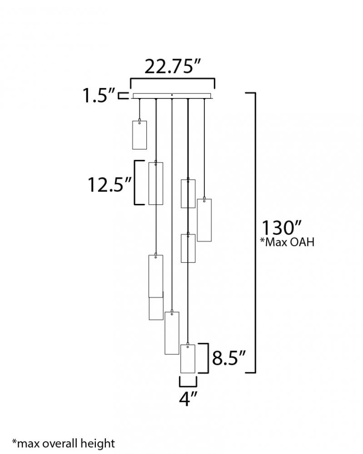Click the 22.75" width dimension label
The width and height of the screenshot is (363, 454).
(x=173, y=67)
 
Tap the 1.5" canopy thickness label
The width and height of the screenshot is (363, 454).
(x=99, y=95)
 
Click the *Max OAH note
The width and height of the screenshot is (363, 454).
(x=287, y=242)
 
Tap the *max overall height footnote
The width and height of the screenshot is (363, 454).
(x=64, y=444)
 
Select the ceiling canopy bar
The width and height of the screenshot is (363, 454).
(x=172, y=96)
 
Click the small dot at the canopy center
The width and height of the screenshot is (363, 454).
(x=172, y=95)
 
